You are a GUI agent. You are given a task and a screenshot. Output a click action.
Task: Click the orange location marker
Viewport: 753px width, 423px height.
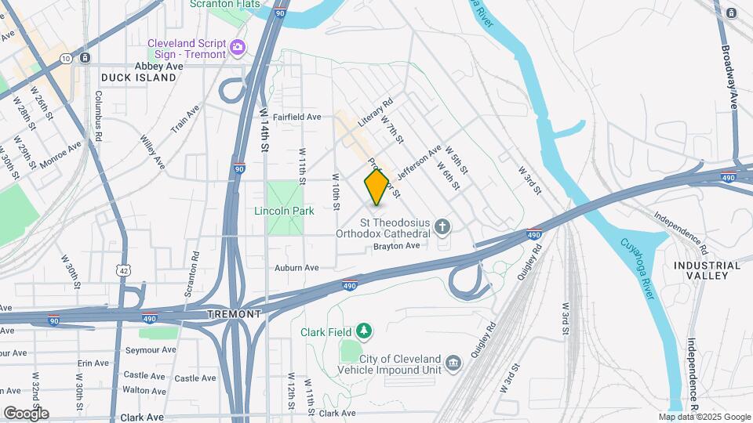pyautogui.click(x=377, y=187)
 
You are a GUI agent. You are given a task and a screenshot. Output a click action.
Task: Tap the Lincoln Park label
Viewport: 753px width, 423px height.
pyautogui.click(x=284, y=211)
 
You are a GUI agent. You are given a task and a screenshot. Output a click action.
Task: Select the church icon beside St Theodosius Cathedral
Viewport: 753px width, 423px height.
pyautogui.click(x=443, y=227)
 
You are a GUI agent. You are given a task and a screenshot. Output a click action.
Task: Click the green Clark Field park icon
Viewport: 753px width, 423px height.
pyautogui.click(x=363, y=331)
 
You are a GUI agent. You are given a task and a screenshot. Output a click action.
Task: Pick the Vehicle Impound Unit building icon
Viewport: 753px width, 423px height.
pyautogui.click(x=453, y=363)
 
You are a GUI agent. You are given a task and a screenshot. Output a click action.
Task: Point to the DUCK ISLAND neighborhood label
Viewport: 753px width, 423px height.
pyautogui.click(x=138, y=78)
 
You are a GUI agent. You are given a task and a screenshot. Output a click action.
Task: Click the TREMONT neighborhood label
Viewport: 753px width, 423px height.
pyautogui.click(x=233, y=313)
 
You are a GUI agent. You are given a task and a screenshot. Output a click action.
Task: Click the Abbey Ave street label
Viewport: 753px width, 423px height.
pyautogui.click(x=158, y=67)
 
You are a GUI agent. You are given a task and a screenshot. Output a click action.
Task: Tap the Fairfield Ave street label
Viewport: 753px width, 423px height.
pyautogui.click(x=299, y=117)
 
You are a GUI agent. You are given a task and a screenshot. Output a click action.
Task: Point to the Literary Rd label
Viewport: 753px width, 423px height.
pyautogui.click(x=375, y=113)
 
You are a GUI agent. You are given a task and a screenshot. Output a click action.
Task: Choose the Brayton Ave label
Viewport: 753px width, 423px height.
pyautogui.click(x=396, y=246)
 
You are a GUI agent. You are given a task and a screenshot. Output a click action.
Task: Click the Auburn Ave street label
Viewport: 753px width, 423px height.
pyautogui.click(x=296, y=268)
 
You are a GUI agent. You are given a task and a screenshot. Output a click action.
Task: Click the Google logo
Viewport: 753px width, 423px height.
pyautogui.click(x=26, y=413)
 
